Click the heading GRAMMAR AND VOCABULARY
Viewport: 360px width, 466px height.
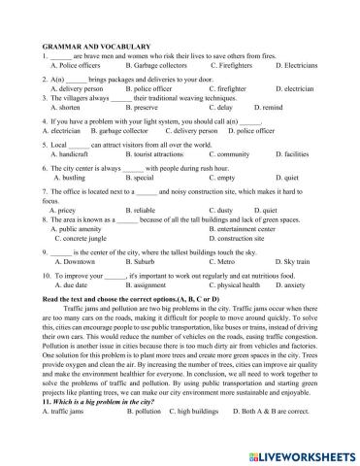coord(85,46)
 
